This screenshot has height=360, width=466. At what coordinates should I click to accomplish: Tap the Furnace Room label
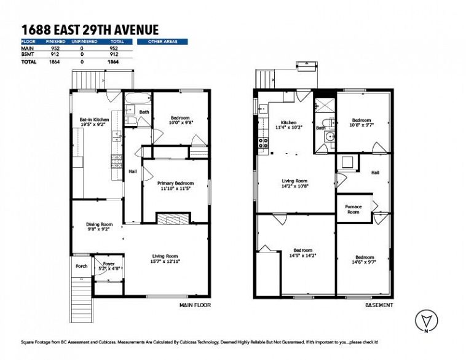pos(353,209)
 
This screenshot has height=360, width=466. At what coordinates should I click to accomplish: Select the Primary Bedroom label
pos(175,183)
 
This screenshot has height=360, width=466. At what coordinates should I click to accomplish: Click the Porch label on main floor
pos(81,266)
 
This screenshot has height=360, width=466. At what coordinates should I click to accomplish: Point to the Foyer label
pos(109,264)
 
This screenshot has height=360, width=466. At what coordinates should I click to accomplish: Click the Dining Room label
pos(99,224)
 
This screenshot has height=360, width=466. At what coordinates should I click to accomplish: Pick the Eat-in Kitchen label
pos(94,120)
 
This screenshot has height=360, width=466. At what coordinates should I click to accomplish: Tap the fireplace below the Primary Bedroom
pos(173,218)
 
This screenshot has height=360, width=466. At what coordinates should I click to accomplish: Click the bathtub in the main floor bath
pos(138,98)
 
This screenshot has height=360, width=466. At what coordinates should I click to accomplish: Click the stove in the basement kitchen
pos(263,143)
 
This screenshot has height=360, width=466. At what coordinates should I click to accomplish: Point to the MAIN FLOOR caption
pos(195,305)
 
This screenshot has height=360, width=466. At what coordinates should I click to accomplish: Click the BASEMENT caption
pos(379,305)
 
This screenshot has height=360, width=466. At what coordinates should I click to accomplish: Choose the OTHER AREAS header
pos(162,42)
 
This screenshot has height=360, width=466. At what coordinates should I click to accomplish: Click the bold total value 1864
pos(114,62)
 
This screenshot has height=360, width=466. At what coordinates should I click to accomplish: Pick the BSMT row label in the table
pos(28,54)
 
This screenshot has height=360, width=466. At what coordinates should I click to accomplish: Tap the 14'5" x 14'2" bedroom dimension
pos(302,256)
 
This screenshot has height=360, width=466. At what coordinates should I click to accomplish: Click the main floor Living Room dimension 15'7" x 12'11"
pos(165,261)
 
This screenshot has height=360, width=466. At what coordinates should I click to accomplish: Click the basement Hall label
pos(375,172)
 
